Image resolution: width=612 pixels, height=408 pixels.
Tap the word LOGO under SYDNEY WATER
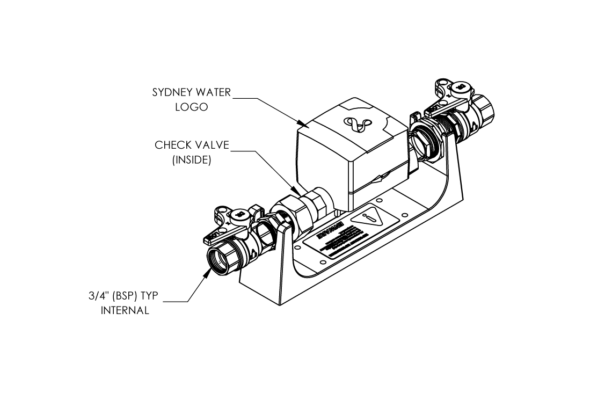[x=191, y=107]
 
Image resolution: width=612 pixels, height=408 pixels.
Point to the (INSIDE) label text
[x=191, y=160]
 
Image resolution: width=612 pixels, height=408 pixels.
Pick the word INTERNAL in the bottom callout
[x=125, y=310]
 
